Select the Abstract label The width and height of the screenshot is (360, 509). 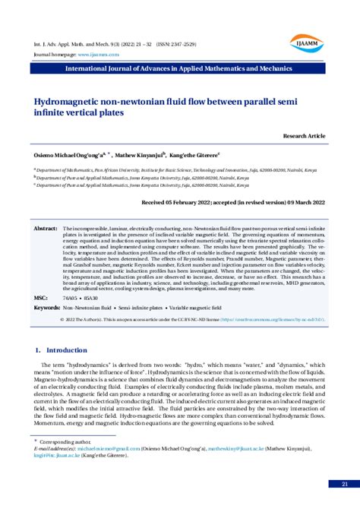[x=46, y=228]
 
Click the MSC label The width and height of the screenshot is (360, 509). [x=41, y=299]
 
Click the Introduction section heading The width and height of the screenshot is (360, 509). [x=62, y=350]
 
